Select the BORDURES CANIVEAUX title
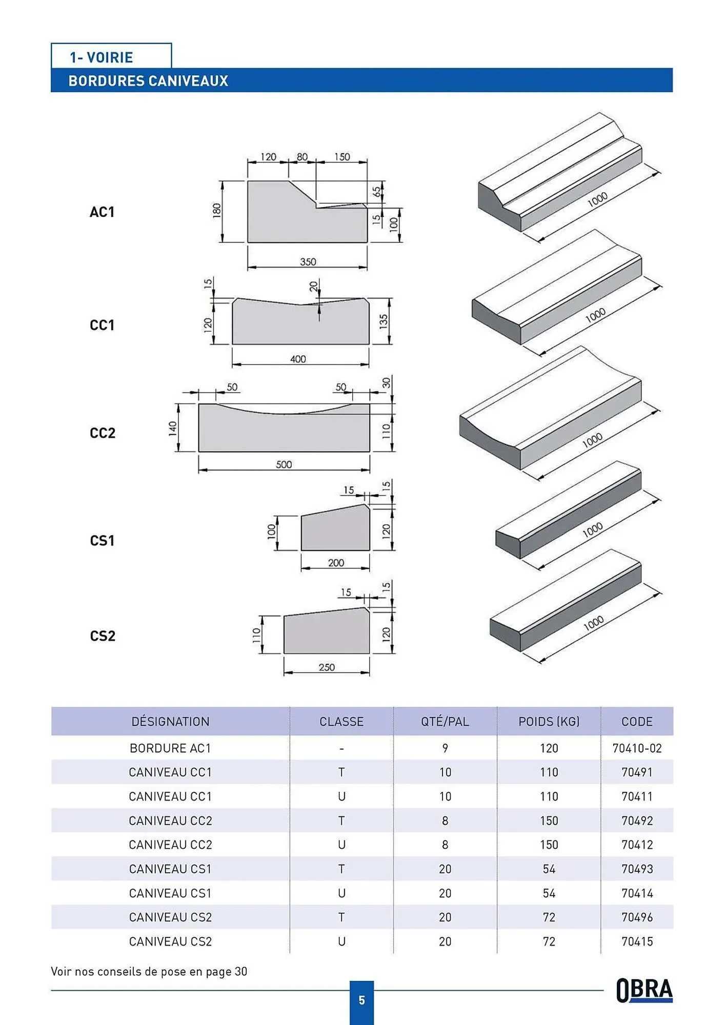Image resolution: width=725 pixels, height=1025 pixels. [148, 81]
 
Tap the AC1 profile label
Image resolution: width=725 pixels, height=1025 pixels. [102, 212]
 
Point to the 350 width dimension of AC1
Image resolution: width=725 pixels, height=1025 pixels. [308, 262]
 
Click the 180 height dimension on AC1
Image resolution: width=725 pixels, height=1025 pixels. [216, 210]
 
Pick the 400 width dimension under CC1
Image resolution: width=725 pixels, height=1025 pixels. [298, 359]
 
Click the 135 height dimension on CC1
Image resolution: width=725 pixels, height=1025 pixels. [384, 322]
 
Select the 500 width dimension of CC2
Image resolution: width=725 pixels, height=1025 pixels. [284, 464]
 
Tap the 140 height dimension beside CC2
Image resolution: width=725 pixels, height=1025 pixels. [173, 428]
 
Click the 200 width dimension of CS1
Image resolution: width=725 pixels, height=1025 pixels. [336, 563]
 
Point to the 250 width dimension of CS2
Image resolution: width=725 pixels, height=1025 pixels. [327, 667]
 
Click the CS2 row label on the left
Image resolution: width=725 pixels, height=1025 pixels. [103, 636]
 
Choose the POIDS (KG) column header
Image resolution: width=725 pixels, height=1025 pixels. [549, 722]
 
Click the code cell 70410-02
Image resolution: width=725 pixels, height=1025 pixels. [637, 748]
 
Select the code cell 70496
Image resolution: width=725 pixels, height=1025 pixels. [637, 917]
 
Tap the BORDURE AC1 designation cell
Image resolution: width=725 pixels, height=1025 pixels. [170, 748]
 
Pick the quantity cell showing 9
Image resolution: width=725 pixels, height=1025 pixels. [445, 748]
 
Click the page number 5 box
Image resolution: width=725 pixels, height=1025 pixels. [361, 1000]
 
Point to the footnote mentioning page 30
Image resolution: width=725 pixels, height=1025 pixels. [149, 972]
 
